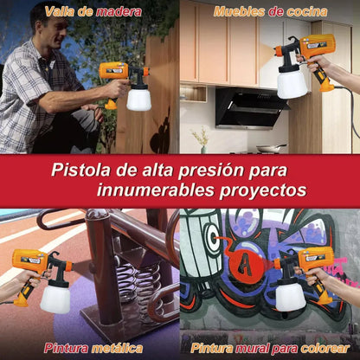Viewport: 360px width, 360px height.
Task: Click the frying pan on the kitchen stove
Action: [x=272, y=147]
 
